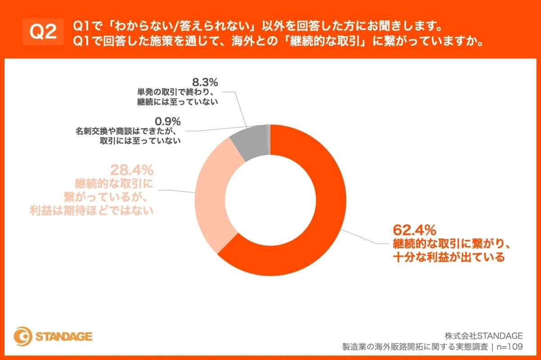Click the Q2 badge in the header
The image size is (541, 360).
[x=43, y=32]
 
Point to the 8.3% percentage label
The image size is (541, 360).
[x=205, y=82]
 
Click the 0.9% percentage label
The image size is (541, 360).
[x=167, y=121]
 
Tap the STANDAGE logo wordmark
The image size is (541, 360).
[x=64, y=337]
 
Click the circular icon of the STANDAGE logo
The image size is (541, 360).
[x=23, y=337]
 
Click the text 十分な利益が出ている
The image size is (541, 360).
[x=448, y=258]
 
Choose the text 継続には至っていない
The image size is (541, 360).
[x=178, y=102]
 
